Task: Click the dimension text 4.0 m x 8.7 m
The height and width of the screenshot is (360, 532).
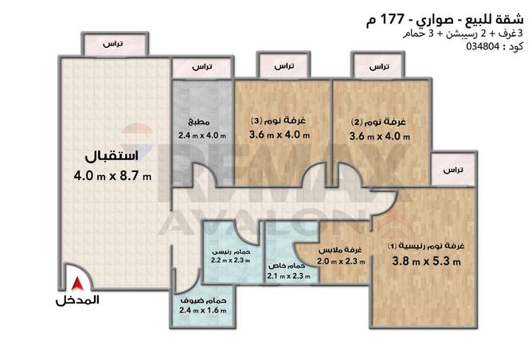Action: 112,174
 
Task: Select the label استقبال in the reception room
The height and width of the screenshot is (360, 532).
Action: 111,154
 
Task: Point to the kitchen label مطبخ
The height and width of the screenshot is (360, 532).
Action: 199,123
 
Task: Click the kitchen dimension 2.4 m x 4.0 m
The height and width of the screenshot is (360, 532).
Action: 202,135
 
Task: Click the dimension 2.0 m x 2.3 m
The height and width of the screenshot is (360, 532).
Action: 338,260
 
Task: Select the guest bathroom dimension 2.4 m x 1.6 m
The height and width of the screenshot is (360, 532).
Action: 205,311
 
